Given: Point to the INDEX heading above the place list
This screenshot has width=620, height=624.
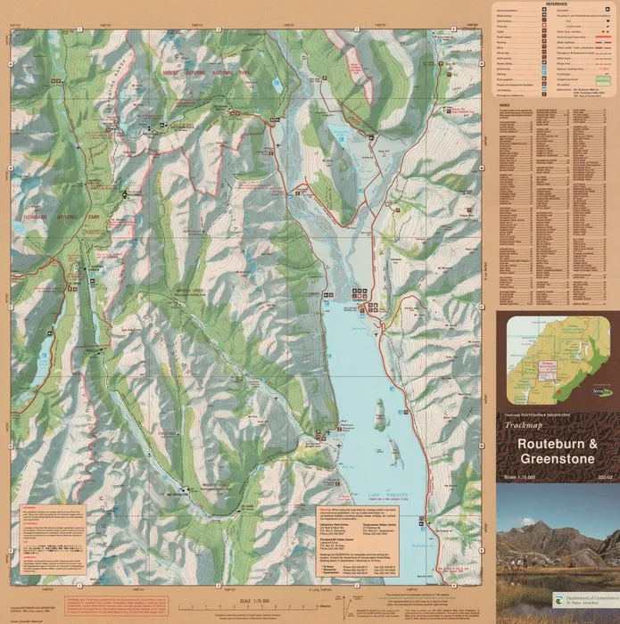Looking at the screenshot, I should [x=506, y=104].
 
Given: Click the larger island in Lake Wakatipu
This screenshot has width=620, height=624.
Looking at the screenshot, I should [x=379, y=413].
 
